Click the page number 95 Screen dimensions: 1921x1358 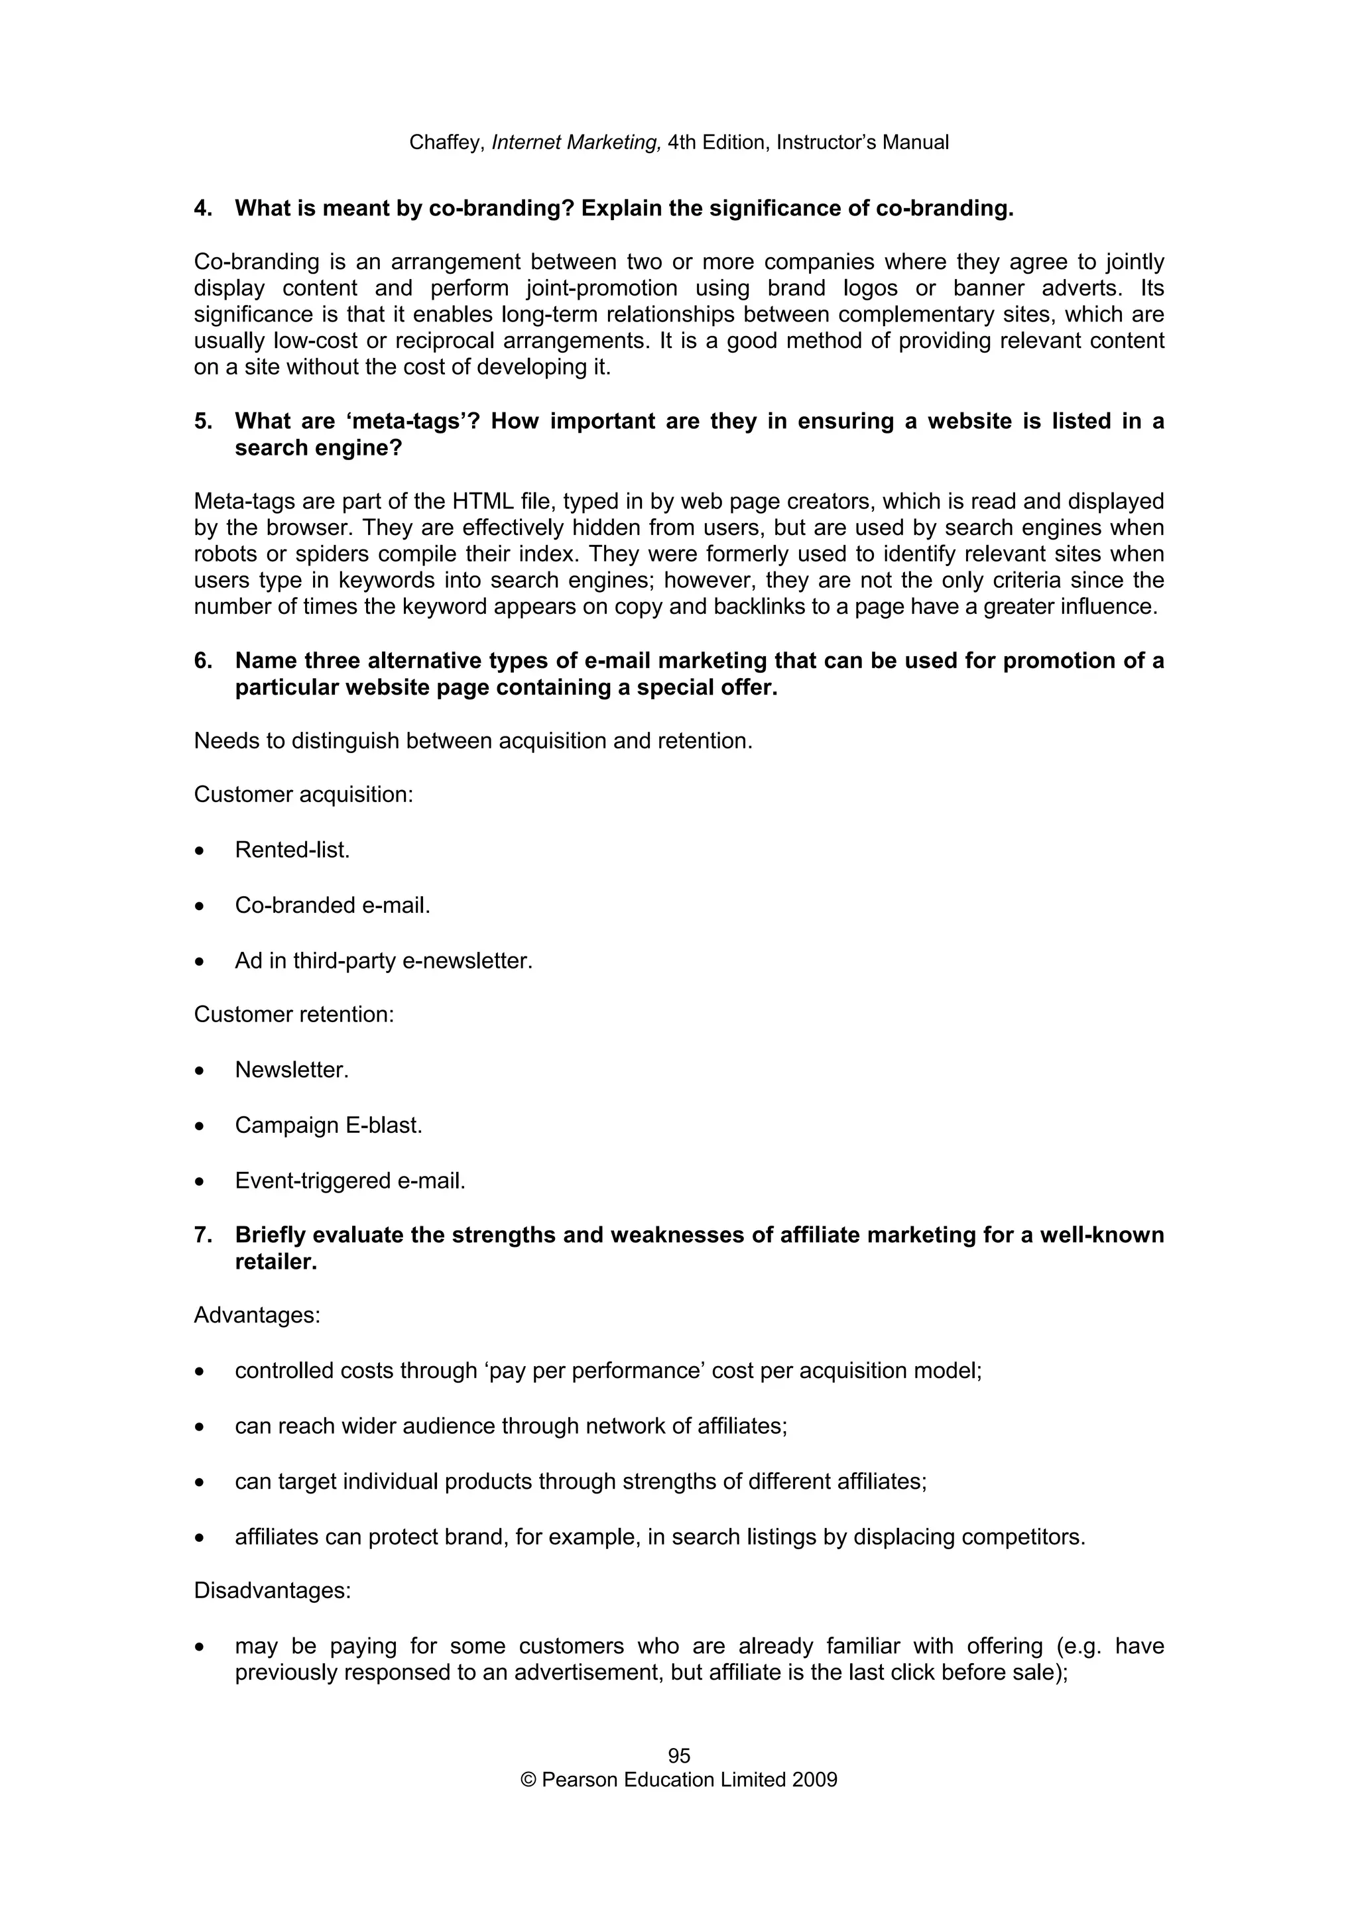[678, 1755]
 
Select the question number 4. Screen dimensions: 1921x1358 [202, 208]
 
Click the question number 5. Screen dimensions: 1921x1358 [202, 421]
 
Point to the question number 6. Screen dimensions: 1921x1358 [202, 661]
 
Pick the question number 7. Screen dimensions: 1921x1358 [202, 1235]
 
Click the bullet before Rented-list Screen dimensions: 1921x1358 [199, 852]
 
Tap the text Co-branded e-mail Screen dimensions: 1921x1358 [332, 905]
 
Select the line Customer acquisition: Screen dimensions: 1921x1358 [303, 794]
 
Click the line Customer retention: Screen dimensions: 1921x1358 [294, 1014]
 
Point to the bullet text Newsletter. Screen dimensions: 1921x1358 [291, 1070]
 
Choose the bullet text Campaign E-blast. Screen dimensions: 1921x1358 [328, 1126]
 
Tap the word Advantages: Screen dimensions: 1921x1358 [257, 1315]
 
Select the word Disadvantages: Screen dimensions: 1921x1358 [272, 1590]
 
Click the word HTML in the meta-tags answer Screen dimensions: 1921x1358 [479, 501]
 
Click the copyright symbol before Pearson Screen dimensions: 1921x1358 [528, 1780]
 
